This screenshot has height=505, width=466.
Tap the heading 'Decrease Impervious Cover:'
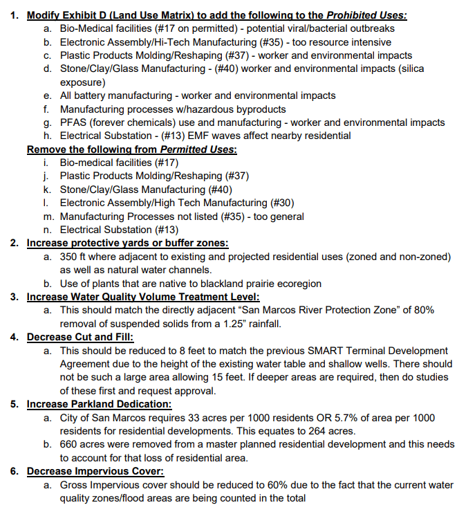click(95, 471)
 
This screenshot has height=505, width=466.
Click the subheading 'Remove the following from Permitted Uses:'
click(131, 149)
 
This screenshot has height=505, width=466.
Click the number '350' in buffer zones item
click(70, 257)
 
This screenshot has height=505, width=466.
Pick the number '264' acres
click(337, 431)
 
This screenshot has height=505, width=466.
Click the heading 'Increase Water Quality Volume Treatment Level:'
click(143, 297)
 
